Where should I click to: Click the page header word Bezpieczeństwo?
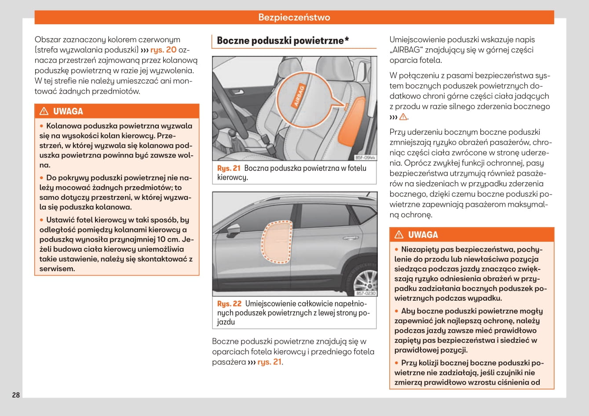pos(294,17)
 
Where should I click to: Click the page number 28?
pos(16,395)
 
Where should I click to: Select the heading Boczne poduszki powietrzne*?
pos(283,41)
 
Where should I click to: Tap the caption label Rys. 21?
pos(229,168)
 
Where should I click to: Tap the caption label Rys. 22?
pos(229,304)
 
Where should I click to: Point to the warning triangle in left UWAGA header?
pos(44,111)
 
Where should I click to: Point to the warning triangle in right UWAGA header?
pos(399,235)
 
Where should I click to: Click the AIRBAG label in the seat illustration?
pos(299,95)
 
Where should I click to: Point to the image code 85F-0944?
pos(365,157)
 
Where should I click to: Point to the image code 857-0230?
pos(366,293)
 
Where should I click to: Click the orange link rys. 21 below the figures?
pos(269,362)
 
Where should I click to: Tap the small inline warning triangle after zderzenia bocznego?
pos(403,117)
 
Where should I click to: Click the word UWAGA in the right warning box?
pos(423,235)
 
